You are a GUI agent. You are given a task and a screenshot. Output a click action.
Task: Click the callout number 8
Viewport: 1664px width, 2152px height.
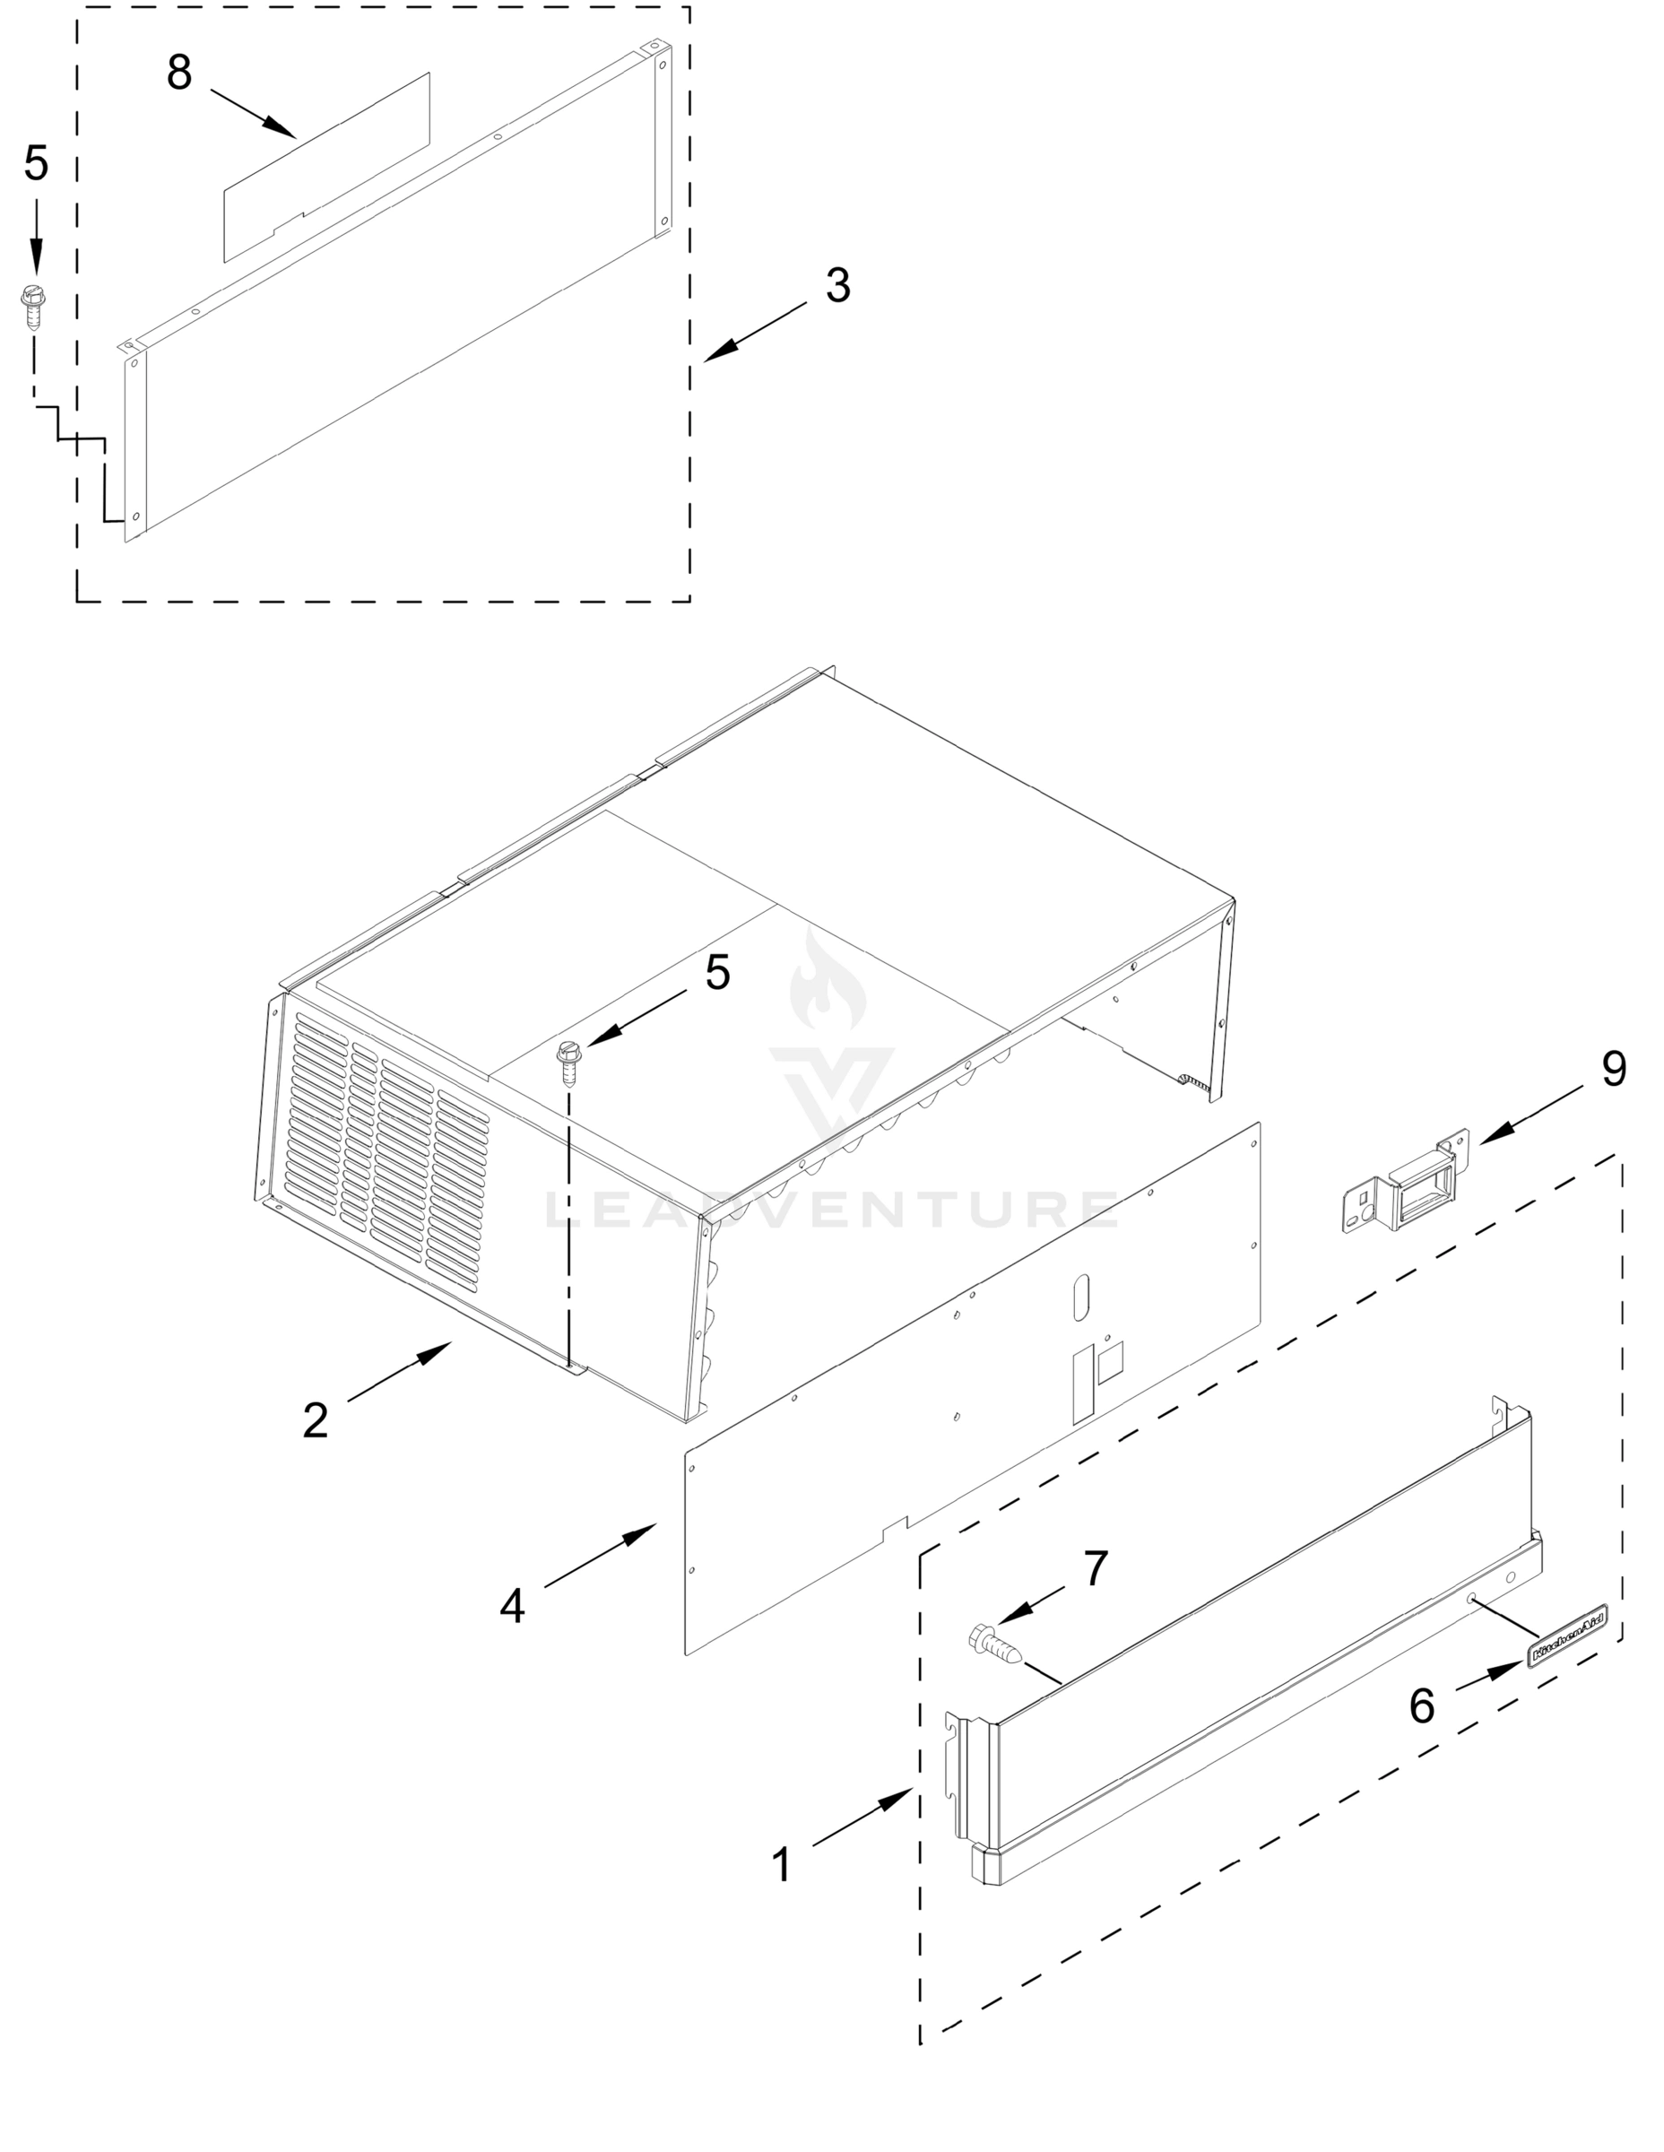click(178, 74)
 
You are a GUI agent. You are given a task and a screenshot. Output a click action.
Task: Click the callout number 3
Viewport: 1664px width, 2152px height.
click(837, 286)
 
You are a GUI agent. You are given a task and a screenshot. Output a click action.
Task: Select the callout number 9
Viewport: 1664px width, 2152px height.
click(1614, 1069)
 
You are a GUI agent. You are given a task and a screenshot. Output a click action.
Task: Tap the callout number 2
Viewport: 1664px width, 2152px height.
click(315, 1421)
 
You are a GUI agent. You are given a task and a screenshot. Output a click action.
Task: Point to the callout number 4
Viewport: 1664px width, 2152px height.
click(512, 1607)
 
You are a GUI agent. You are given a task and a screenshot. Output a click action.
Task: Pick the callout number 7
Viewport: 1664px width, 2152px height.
click(1096, 1568)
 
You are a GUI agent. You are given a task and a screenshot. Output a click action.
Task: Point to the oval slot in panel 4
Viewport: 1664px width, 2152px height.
click(1080, 1297)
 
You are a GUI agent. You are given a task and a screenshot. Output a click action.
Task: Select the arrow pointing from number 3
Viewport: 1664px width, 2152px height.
click(755, 330)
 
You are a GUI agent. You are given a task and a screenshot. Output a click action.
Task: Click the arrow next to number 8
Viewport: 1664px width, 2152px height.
click(253, 111)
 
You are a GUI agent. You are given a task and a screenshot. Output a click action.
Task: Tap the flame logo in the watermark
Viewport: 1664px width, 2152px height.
click(828, 980)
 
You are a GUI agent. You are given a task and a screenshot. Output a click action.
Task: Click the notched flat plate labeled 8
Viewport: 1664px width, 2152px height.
click(325, 168)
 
